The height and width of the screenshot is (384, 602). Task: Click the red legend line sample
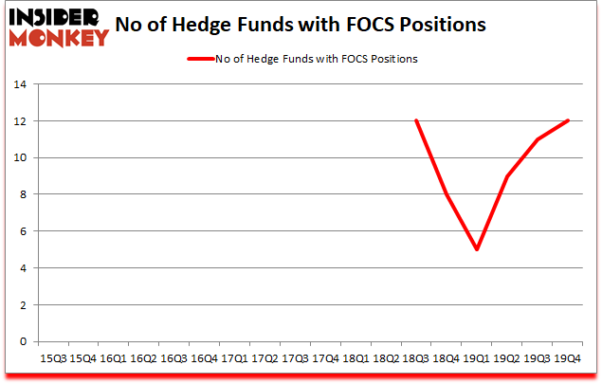pos(203,59)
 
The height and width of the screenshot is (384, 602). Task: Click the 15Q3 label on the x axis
pos(52,359)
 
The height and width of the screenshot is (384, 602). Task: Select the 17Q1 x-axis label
pos(234,359)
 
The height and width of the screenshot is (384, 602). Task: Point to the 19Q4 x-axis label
pos(568,359)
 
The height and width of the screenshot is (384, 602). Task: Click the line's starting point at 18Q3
pos(416,121)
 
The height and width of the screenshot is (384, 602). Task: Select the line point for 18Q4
pos(447,194)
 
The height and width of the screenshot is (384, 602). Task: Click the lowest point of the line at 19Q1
pos(477,249)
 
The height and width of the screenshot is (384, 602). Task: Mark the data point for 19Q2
pos(507,176)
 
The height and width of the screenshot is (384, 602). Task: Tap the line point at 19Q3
pos(538,139)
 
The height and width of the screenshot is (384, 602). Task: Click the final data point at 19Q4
pos(568,121)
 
